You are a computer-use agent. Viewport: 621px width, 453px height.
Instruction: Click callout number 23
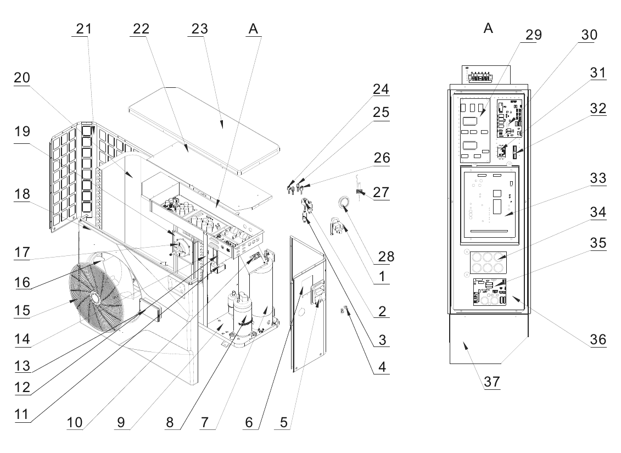click(x=199, y=29)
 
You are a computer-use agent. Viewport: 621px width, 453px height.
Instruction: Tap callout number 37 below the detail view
click(x=492, y=382)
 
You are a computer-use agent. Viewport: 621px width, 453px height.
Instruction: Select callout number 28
click(x=386, y=256)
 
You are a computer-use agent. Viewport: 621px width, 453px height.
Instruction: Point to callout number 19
click(x=22, y=131)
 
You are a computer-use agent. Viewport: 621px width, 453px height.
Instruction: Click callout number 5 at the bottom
click(x=283, y=422)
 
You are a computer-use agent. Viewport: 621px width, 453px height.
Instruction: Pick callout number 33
click(x=597, y=178)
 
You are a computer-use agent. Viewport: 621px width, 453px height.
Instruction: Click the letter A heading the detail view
click(x=488, y=28)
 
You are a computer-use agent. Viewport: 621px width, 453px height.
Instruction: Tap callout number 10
click(x=75, y=422)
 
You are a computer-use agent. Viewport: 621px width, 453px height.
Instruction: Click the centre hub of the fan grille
click(x=94, y=297)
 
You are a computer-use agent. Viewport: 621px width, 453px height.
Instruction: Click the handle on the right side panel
click(x=317, y=292)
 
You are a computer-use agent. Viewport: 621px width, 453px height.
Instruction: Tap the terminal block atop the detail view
click(x=480, y=77)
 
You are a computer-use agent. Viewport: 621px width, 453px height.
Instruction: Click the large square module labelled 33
click(x=490, y=205)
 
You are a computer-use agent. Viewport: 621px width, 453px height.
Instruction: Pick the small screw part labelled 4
click(x=343, y=310)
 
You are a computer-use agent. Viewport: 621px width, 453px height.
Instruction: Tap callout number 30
click(x=589, y=35)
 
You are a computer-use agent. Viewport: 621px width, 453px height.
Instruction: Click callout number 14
click(x=22, y=339)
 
